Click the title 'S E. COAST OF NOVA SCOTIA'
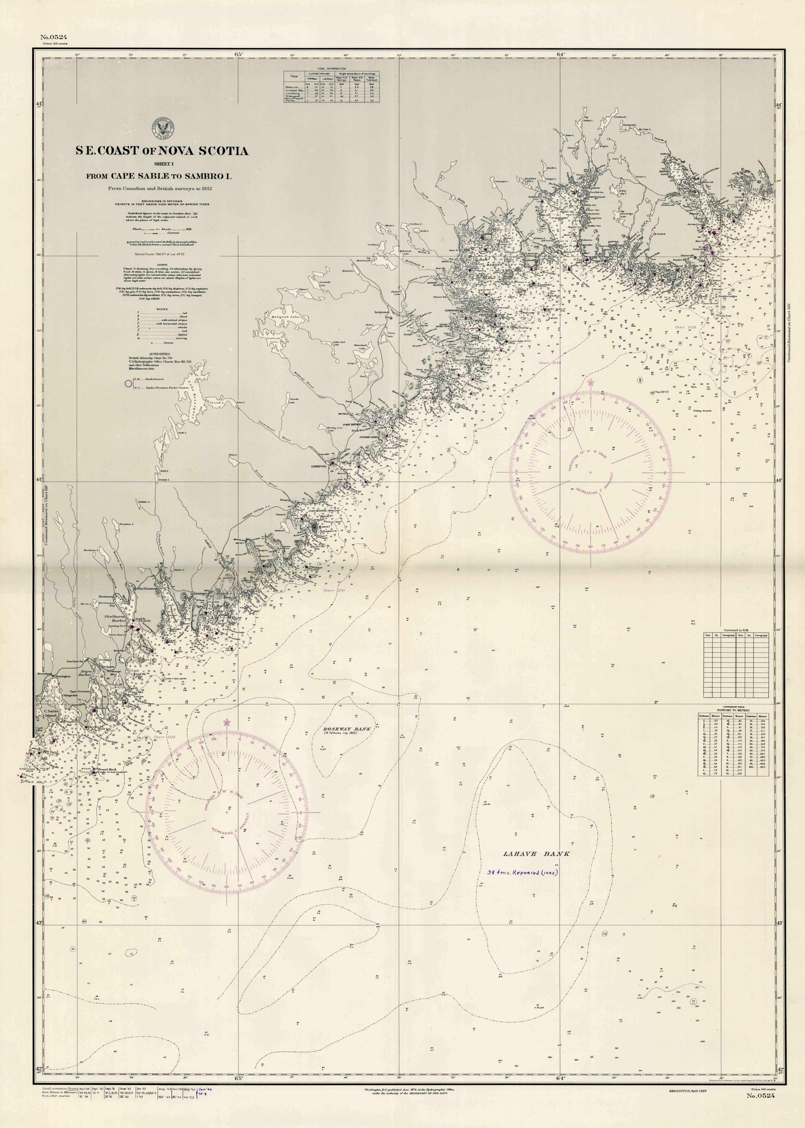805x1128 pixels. [x=162, y=151]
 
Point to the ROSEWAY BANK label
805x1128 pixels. [x=347, y=729]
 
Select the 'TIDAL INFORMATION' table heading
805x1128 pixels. [x=331, y=68]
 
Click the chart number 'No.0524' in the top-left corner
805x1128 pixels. [x=53, y=37]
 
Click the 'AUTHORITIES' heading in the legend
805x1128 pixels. [x=155, y=354]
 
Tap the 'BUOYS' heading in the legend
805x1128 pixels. [x=162, y=309]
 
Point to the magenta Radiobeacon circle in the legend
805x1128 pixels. [x=129, y=383]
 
